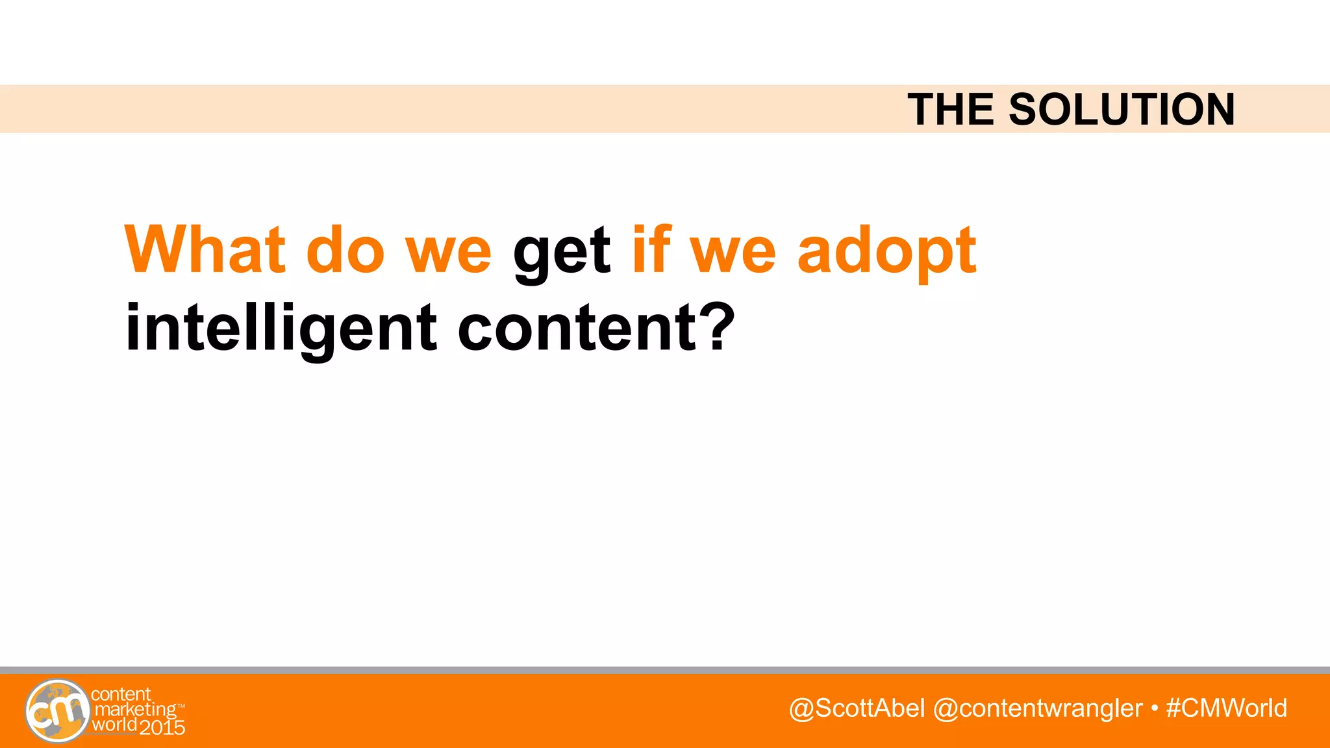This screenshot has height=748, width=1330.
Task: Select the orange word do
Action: pyautogui.click(x=345, y=250)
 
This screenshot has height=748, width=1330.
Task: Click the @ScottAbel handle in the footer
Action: pyautogui.click(x=857, y=708)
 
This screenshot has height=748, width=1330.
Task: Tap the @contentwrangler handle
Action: pyautogui.click(x=1037, y=708)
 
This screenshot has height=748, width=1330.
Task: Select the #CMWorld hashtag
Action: pyautogui.click(x=1226, y=708)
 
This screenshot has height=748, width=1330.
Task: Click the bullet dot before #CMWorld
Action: pyautogui.click(x=1154, y=708)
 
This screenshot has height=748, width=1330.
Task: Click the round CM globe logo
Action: pyautogui.click(x=57, y=711)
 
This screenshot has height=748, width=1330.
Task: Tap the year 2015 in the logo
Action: pyautogui.click(x=162, y=728)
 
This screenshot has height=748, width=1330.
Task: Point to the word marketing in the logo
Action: pyautogui.click(x=136, y=710)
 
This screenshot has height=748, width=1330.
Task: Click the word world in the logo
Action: pyautogui.click(x=114, y=725)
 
